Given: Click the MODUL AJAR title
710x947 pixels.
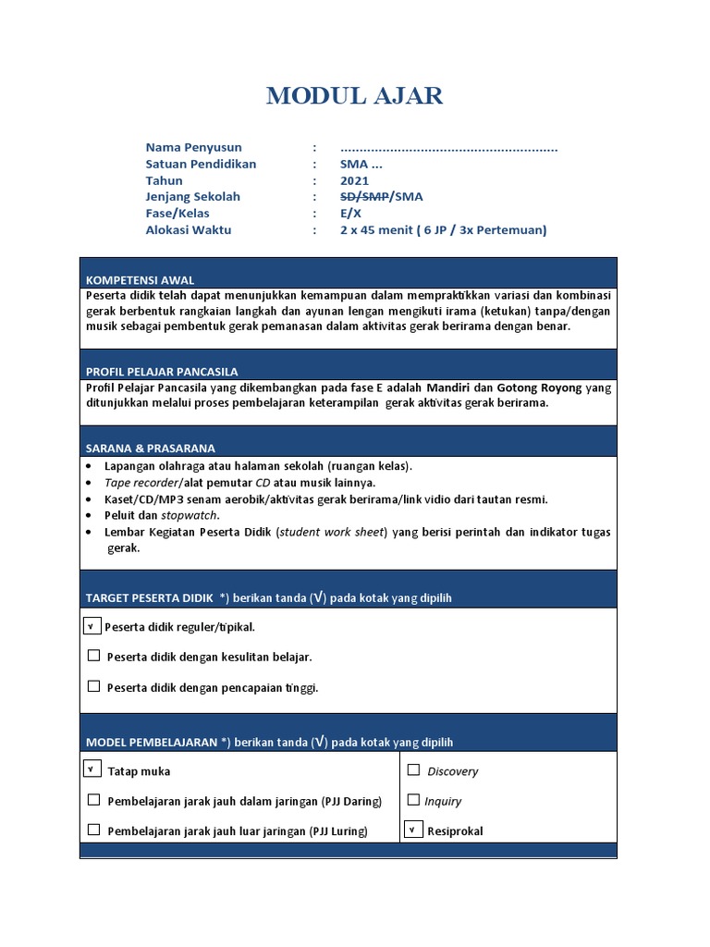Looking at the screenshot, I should (354, 95).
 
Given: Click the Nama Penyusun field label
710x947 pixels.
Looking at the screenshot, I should (193, 147).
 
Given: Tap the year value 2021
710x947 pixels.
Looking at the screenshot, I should (354, 180).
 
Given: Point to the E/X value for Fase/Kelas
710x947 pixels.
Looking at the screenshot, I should (350, 214).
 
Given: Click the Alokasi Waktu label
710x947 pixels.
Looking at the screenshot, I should (189, 230).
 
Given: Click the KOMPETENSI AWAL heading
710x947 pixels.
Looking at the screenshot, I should (140, 280).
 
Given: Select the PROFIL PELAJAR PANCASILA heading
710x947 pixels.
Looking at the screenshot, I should (162, 371).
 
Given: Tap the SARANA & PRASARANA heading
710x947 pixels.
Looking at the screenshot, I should (150, 448).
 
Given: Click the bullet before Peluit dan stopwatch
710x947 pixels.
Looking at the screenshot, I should (88, 515).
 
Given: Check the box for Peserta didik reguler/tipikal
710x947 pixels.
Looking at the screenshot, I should (92, 626).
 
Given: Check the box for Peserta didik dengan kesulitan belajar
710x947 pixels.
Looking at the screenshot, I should (93, 656).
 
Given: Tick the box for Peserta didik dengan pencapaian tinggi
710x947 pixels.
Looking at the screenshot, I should (93, 686).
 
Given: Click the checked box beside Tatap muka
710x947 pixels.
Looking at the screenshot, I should (92, 769).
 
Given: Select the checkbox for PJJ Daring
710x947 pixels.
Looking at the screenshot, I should (93, 800).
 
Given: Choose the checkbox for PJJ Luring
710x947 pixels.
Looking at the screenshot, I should (93, 830).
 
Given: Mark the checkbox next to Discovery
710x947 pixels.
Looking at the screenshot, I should (413, 769).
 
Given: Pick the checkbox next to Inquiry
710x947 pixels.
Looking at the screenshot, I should (413, 800).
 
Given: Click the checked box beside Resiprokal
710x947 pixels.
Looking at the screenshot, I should (412, 830).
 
